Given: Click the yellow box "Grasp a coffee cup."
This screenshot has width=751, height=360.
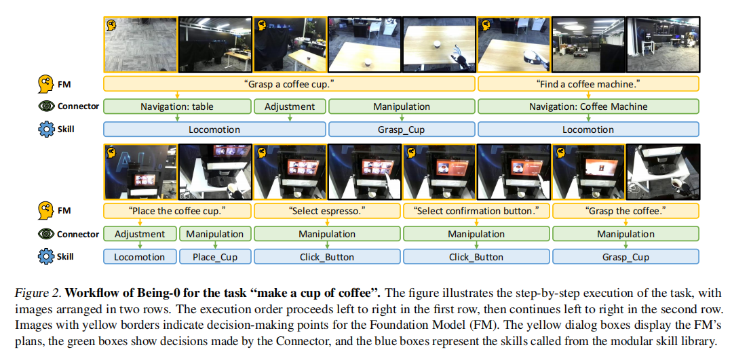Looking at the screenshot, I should point(290,84).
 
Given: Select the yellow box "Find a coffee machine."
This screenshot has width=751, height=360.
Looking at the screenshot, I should point(588,84).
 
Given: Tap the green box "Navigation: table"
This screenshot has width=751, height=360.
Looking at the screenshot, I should point(177,106).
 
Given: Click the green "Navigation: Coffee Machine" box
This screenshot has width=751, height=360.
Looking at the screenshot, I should point(588,106).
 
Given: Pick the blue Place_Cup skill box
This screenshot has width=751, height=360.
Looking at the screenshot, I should point(214,257).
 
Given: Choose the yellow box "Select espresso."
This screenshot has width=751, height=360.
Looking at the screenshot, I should point(327,211).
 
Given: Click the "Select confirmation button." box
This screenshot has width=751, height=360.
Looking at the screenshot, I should point(476,211).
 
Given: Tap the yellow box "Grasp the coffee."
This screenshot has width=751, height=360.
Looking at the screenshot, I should point(625,211).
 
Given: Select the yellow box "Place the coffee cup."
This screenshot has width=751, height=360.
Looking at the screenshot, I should point(177,211).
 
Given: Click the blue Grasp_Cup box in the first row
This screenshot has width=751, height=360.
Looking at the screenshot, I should point(402,129).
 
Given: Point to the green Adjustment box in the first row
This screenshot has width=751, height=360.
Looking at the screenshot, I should point(290,106).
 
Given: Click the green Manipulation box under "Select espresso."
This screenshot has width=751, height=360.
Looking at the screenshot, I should point(327,234).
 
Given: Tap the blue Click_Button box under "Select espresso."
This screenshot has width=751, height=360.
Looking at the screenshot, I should point(327,257).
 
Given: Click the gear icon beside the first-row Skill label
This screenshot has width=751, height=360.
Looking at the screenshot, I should point(45,129).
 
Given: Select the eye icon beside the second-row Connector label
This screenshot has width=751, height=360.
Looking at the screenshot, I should point(45,234).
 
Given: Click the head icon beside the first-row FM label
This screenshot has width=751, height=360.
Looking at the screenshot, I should point(45,84).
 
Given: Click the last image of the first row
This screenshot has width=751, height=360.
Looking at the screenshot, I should point(663,45).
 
